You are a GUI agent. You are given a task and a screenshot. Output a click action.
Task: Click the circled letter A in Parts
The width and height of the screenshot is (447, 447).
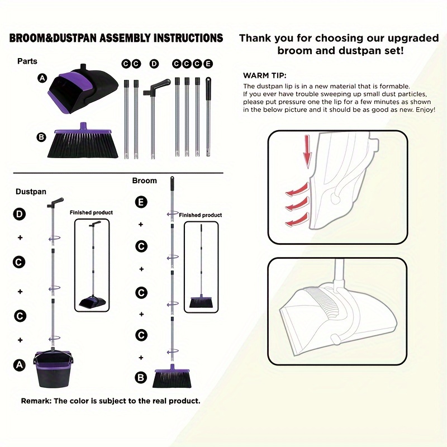coord(42,78)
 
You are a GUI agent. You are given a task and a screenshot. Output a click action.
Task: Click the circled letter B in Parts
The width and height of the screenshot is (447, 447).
coord(41,137)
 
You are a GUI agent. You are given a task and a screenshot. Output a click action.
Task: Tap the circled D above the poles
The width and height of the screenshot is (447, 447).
coord(154,64)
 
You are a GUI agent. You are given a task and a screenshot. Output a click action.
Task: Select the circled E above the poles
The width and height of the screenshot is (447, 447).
coord(208,64)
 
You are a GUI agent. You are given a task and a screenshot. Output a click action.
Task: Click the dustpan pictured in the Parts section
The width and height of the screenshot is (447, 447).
coord(83,88)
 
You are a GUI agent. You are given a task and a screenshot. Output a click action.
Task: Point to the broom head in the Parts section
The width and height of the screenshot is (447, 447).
coord(83,141)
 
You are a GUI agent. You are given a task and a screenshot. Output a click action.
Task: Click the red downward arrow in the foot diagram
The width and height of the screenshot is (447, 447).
coord(307,151)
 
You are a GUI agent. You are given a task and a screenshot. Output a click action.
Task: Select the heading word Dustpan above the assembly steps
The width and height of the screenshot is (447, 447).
coord(31,192)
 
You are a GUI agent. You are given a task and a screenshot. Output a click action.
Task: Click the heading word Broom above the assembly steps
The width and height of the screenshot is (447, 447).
coord(144,180)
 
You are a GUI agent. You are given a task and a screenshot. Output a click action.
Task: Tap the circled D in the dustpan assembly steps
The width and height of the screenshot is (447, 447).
coord(20,214)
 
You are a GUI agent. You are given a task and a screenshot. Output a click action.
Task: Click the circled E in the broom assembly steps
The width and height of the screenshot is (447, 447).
coord(141,202)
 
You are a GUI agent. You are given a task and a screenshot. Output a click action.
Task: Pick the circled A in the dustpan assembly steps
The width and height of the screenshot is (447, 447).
coord(20,365)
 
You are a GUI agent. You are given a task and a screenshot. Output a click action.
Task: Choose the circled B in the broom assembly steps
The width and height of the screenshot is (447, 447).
coord(141,378)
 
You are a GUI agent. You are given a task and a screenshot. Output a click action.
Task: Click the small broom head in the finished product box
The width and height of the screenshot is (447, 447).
coord(201,302)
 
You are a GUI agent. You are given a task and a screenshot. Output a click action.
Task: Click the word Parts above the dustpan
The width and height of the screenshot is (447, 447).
coord(27,61)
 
